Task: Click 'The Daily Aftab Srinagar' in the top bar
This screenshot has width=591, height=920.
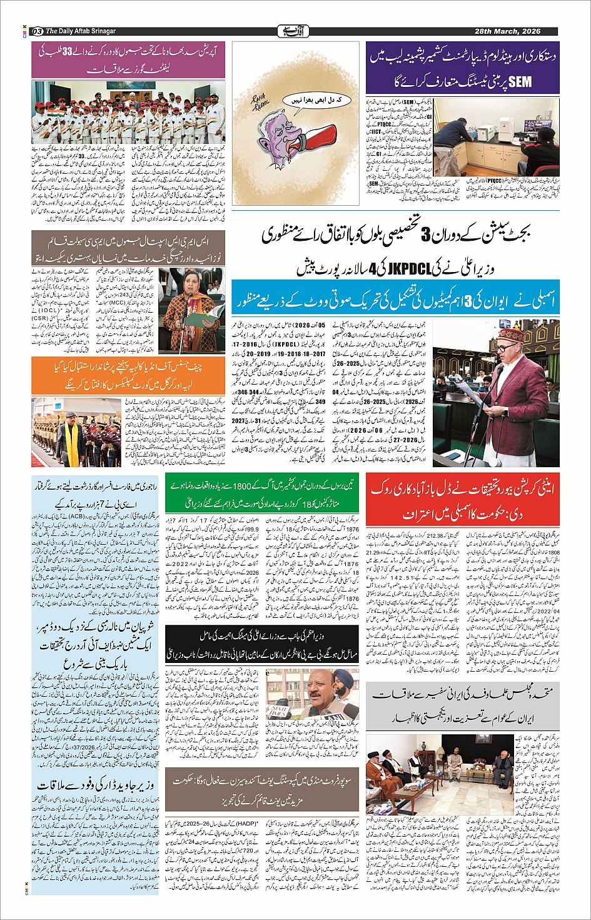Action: click(81, 31)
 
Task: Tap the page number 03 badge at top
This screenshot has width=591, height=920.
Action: click(37, 31)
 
